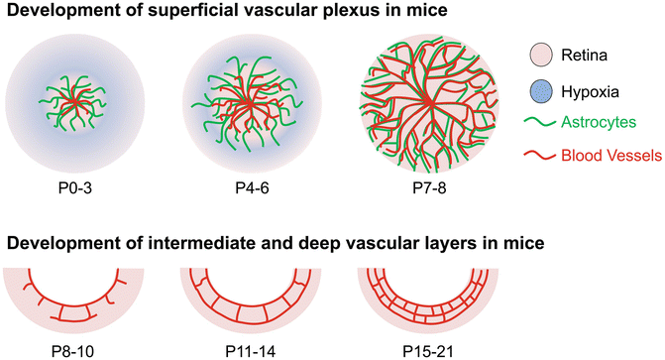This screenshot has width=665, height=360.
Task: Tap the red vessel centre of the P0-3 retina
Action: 67,101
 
